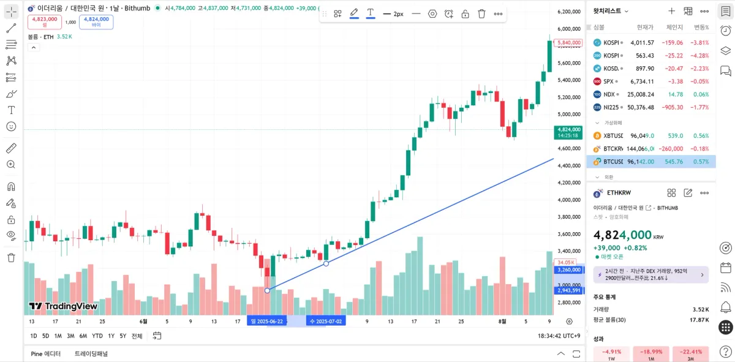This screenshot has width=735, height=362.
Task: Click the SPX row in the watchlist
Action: (650, 81)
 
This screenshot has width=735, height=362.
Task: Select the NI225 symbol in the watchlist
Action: (650, 107)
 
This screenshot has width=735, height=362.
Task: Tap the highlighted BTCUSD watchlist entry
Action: (650, 162)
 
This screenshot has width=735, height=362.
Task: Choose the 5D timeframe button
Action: (45, 336)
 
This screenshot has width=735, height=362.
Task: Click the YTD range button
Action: (97, 336)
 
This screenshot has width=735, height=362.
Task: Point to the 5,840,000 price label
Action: (567, 43)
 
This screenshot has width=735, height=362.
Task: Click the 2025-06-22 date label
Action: (267, 321)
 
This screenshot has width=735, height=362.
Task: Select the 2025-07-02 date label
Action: (326, 321)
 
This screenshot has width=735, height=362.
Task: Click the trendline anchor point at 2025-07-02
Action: (326, 263)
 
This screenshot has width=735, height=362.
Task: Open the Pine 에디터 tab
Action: (45, 353)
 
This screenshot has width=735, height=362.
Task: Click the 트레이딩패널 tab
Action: (91, 353)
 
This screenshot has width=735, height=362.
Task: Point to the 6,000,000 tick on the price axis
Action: (569, 29)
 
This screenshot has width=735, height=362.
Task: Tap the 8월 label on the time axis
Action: (502, 321)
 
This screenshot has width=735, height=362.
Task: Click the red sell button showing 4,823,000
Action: (44, 21)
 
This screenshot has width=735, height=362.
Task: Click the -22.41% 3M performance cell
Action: (690, 354)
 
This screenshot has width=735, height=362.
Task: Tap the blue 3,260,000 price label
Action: (568, 270)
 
